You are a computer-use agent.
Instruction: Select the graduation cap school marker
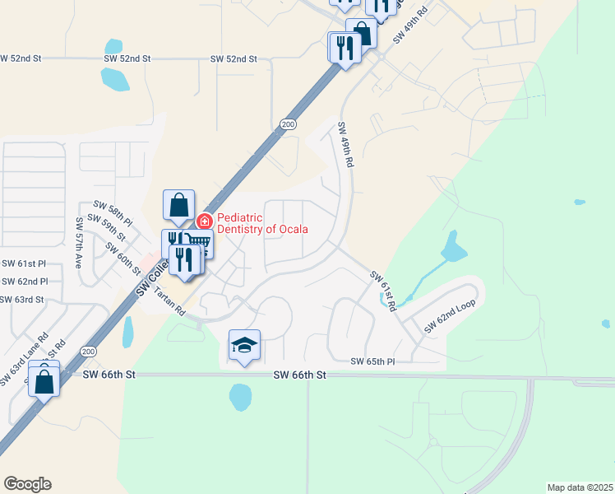(x=244, y=345)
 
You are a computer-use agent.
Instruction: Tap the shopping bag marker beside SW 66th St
(x=44, y=382)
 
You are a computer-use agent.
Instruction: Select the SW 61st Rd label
(x=383, y=290)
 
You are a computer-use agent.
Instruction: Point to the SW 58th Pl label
(x=113, y=212)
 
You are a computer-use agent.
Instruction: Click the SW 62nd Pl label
(x=24, y=282)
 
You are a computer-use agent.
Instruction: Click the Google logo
(x=27, y=484)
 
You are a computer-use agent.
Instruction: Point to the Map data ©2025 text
(x=580, y=487)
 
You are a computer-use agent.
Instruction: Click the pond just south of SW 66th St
(x=240, y=398)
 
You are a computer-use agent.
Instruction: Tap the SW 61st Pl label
(x=24, y=263)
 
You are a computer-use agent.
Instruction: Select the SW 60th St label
(x=124, y=257)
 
